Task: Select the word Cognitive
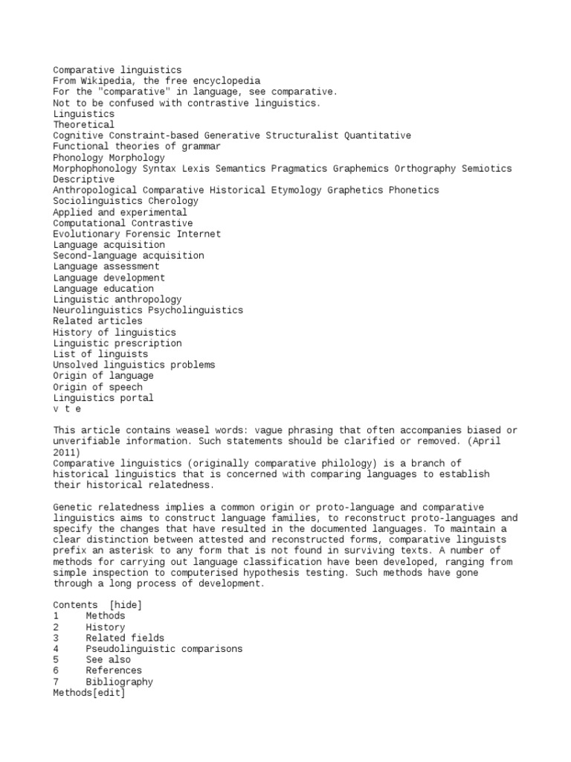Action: pos(78,135)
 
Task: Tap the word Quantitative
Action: pos(378,135)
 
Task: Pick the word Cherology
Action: pos(173,201)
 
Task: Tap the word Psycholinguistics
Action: pos(196,310)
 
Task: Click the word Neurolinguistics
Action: pos(97,310)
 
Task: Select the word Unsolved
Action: pos(76,365)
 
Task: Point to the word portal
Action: pos(137,397)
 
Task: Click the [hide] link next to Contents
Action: pos(126,605)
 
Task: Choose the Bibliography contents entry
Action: pos(120,682)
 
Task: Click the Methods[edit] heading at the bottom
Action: pos(89,693)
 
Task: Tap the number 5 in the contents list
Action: pos(56,660)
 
